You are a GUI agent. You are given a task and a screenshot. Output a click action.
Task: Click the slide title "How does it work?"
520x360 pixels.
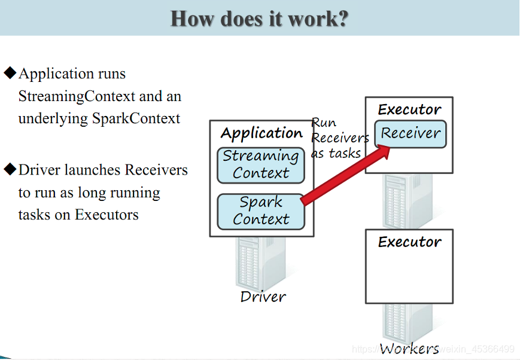[259, 19]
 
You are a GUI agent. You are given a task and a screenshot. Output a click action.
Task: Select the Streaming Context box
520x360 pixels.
[261, 166]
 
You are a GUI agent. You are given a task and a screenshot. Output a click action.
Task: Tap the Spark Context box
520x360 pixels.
[261, 212]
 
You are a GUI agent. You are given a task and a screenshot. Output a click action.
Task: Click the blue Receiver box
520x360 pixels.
[410, 134]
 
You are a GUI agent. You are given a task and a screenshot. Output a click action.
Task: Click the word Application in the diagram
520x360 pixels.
[261, 133]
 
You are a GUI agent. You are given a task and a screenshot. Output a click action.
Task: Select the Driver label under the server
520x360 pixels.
[263, 297]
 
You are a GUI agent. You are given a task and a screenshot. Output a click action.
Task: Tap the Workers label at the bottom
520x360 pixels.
[409, 349]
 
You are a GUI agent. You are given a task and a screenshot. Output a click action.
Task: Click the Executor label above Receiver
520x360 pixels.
[409, 109]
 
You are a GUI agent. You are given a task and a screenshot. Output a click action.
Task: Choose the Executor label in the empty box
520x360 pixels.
[409, 242]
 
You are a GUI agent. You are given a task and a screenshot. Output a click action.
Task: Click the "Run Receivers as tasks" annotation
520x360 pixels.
[340, 138]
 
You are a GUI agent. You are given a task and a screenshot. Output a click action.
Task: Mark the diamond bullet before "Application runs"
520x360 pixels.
[10, 72]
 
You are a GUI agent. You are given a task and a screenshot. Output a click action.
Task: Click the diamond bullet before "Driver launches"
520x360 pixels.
[10, 169]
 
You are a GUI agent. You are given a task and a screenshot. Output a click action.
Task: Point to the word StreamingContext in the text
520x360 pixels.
[77, 96]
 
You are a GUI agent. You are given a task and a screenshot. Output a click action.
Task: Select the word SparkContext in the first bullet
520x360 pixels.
[136, 118]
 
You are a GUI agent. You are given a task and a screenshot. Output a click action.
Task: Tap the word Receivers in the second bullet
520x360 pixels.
[156, 170]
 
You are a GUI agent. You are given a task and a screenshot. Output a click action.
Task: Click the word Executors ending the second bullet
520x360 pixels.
[107, 215]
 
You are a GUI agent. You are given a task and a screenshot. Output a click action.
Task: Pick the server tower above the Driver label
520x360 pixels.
[260, 264]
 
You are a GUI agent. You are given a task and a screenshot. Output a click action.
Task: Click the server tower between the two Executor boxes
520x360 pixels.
[408, 201]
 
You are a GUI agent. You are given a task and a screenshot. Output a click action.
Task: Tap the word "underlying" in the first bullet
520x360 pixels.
[53, 119]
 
